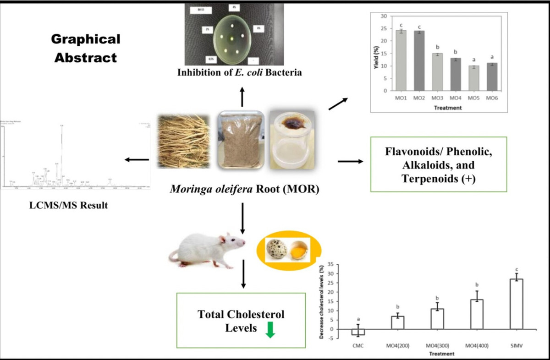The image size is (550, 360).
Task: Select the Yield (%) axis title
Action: [378, 54]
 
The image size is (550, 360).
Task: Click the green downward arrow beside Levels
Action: [270, 330]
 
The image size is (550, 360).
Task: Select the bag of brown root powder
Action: [241, 140]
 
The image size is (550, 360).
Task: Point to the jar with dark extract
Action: [291, 140]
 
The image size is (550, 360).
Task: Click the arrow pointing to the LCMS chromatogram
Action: [137, 159]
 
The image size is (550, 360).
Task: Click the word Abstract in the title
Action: [84, 58]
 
